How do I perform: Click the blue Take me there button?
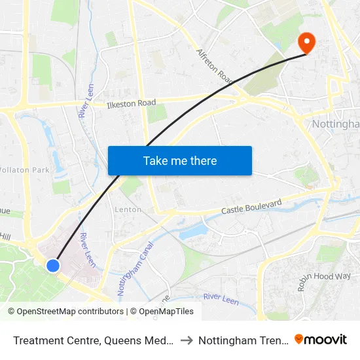180,160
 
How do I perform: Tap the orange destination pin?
306,43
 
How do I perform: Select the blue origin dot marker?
53,265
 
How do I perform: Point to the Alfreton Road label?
215,66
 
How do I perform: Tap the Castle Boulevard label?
251,207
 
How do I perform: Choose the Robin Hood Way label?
315,272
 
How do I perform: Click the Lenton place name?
128,209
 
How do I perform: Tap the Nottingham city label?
336,124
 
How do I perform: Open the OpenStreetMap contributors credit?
66,312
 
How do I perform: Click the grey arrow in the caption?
186,340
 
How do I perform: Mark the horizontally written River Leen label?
220,297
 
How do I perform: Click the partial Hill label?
5,236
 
